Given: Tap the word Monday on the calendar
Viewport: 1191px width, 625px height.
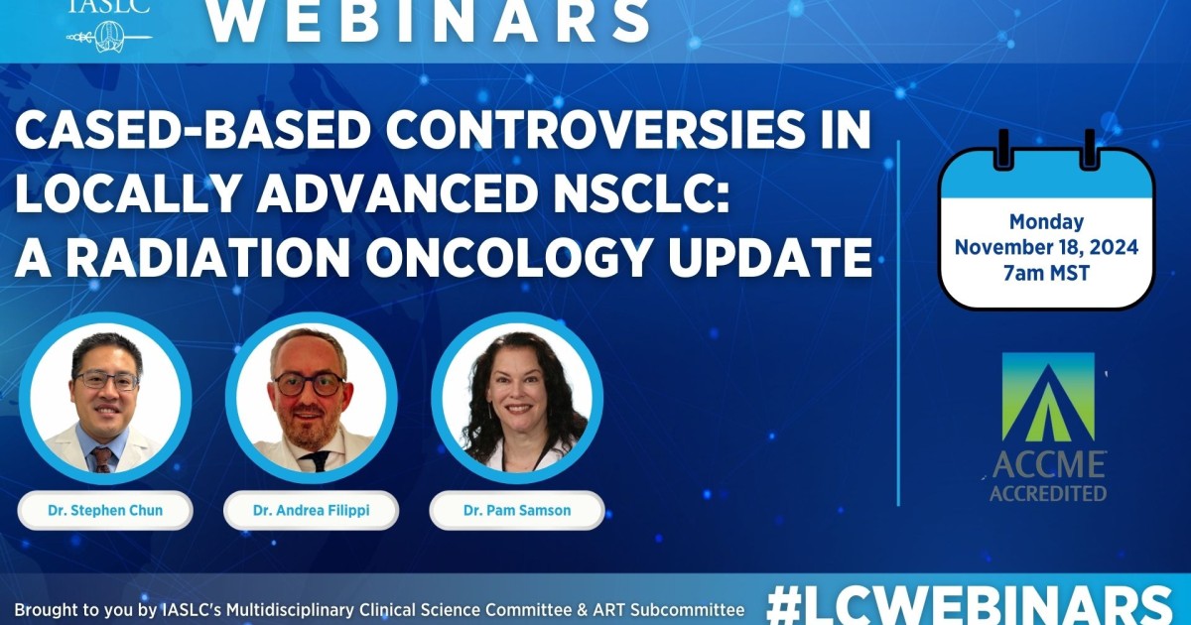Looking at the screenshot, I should (x=1046, y=222).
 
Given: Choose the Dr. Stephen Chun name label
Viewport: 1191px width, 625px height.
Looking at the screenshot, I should (x=105, y=511).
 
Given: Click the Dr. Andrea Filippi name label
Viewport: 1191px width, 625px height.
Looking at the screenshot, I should (x=312, y=511).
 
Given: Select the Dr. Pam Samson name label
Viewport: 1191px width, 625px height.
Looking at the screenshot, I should (x=517, y=511).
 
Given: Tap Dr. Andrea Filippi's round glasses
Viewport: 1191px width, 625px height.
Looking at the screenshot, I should (x=309, y=385).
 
